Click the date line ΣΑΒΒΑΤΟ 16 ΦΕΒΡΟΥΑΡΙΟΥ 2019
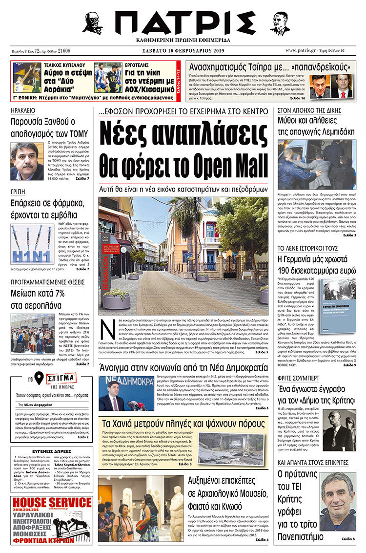pos(183,50)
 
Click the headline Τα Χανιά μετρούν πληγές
pos(183,423)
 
